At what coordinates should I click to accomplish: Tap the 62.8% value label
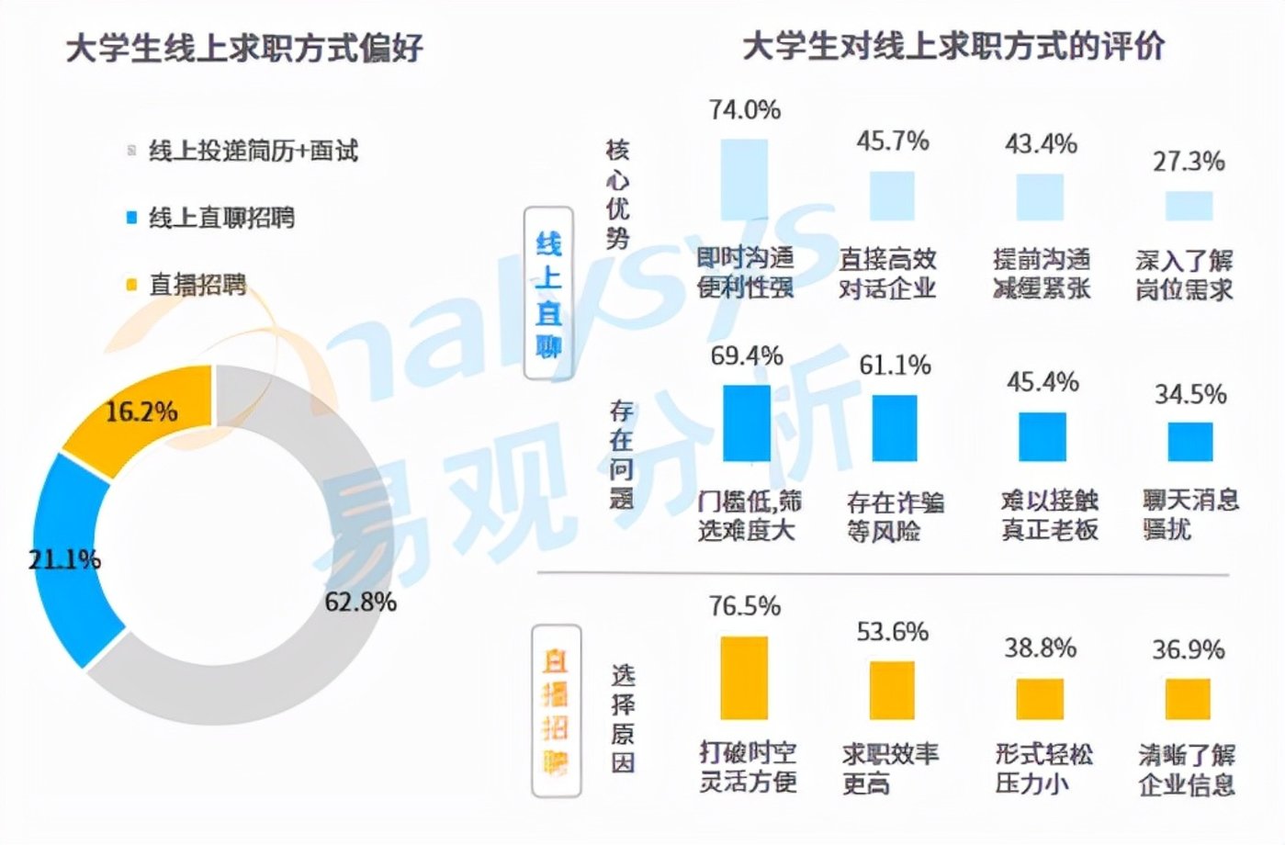coord(361,602)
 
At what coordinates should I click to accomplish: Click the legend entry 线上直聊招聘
coord(221,218)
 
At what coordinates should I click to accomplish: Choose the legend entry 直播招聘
coord(197,285)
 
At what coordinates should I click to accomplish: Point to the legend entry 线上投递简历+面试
coord(253,151)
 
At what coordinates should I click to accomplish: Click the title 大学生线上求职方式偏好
coord(244,48)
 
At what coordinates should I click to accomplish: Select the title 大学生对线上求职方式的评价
coord(952,46)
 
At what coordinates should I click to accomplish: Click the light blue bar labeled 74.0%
coord(744,179)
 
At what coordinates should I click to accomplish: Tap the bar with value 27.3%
coord(1189,205)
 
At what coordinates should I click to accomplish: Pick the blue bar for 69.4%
coord(746,422)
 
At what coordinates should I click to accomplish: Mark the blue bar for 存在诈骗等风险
coord(894,428)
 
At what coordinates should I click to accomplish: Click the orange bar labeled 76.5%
coord(744,678)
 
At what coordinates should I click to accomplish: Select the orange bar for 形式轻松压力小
coord(1040,699)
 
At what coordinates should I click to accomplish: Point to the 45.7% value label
coord(892,141)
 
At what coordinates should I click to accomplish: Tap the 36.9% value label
coord(1189,649)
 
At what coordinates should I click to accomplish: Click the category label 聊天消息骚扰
coord(1190,514)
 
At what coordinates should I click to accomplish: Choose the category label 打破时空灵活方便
coord(747,767)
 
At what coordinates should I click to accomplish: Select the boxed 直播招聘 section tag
coord(556,711)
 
